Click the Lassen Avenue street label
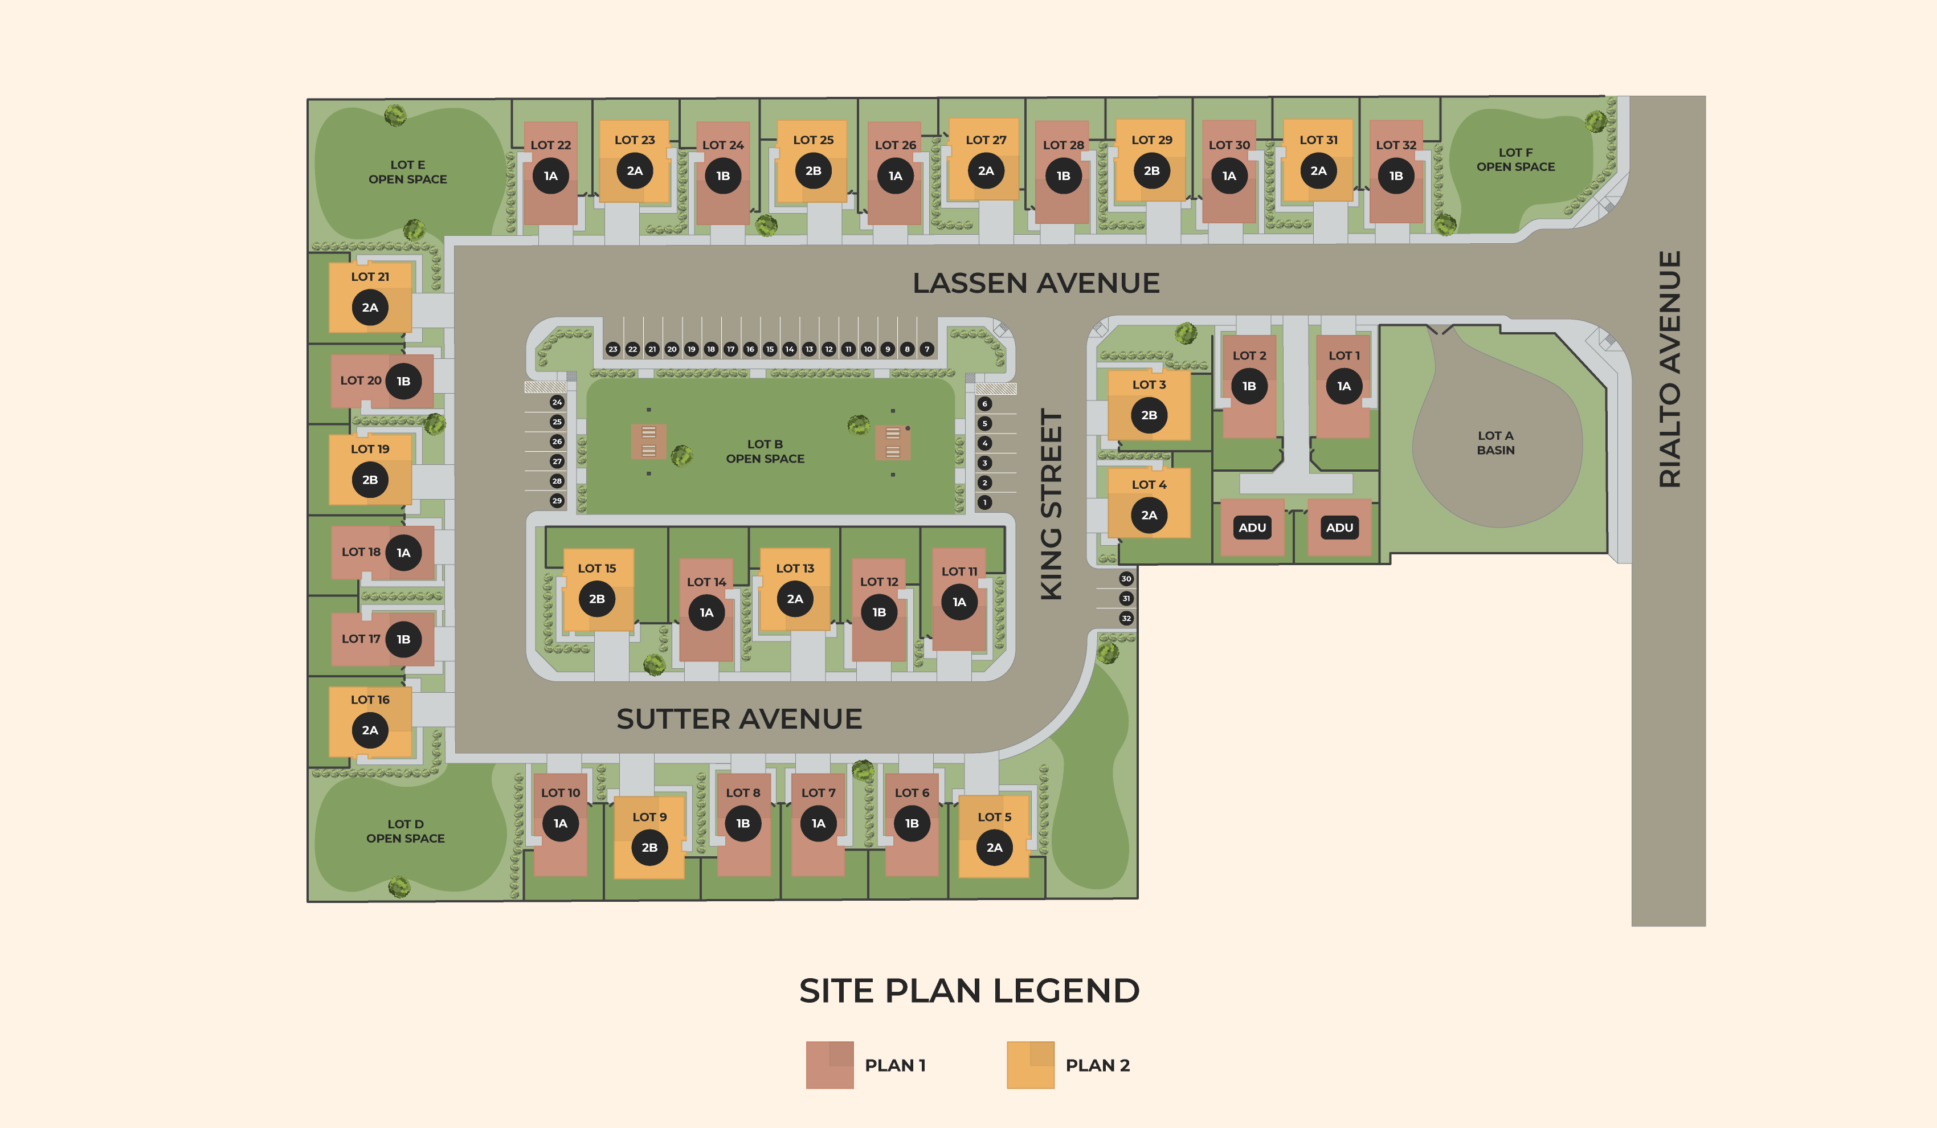(1035, 283)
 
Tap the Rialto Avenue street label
(1669, 369)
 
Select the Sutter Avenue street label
(739, 718)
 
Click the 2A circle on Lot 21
(370, 308)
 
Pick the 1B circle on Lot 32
(1396, 176)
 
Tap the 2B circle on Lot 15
(596, 599)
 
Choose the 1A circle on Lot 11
(959, 602)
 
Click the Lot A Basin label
(1495, 443)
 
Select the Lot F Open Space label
(1515, 159)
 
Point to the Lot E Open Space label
(407, 171)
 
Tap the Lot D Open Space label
(405, 831)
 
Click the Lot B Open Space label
(765, 451)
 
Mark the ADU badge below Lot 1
(1339, 527)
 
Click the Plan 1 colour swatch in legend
(829, 1065)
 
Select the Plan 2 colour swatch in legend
(1030, 1065)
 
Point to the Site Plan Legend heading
(969, 991)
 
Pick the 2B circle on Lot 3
(1149, 415)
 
